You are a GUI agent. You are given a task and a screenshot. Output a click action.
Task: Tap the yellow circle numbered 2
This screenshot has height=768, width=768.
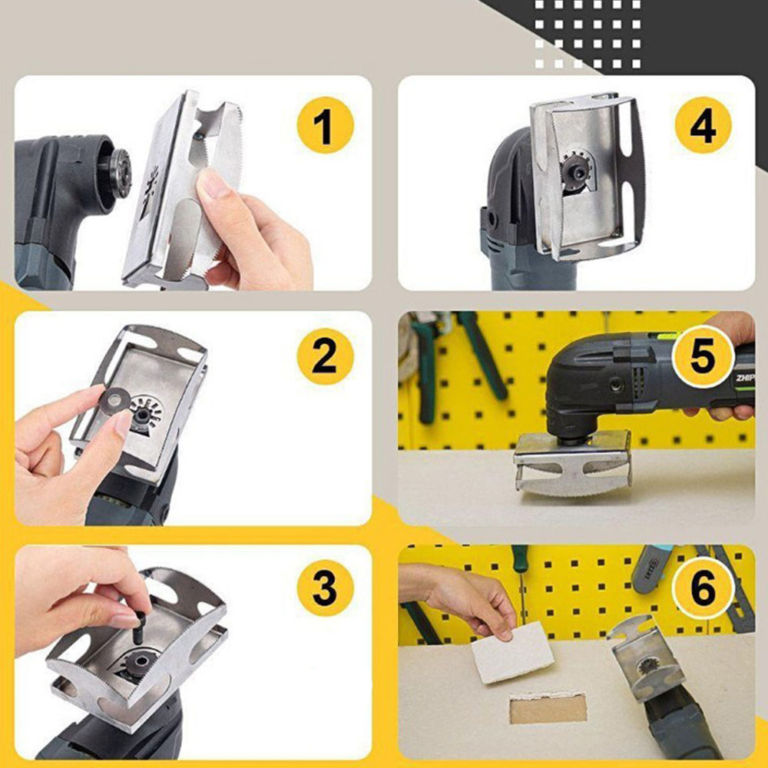tap(325, 356)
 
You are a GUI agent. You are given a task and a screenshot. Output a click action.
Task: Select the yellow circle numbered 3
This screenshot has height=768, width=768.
tap(325, 590)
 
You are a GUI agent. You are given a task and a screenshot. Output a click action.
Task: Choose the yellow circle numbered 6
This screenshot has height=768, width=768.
tap(703, 590)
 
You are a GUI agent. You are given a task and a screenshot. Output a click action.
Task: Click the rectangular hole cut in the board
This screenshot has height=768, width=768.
tap(548, 708)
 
